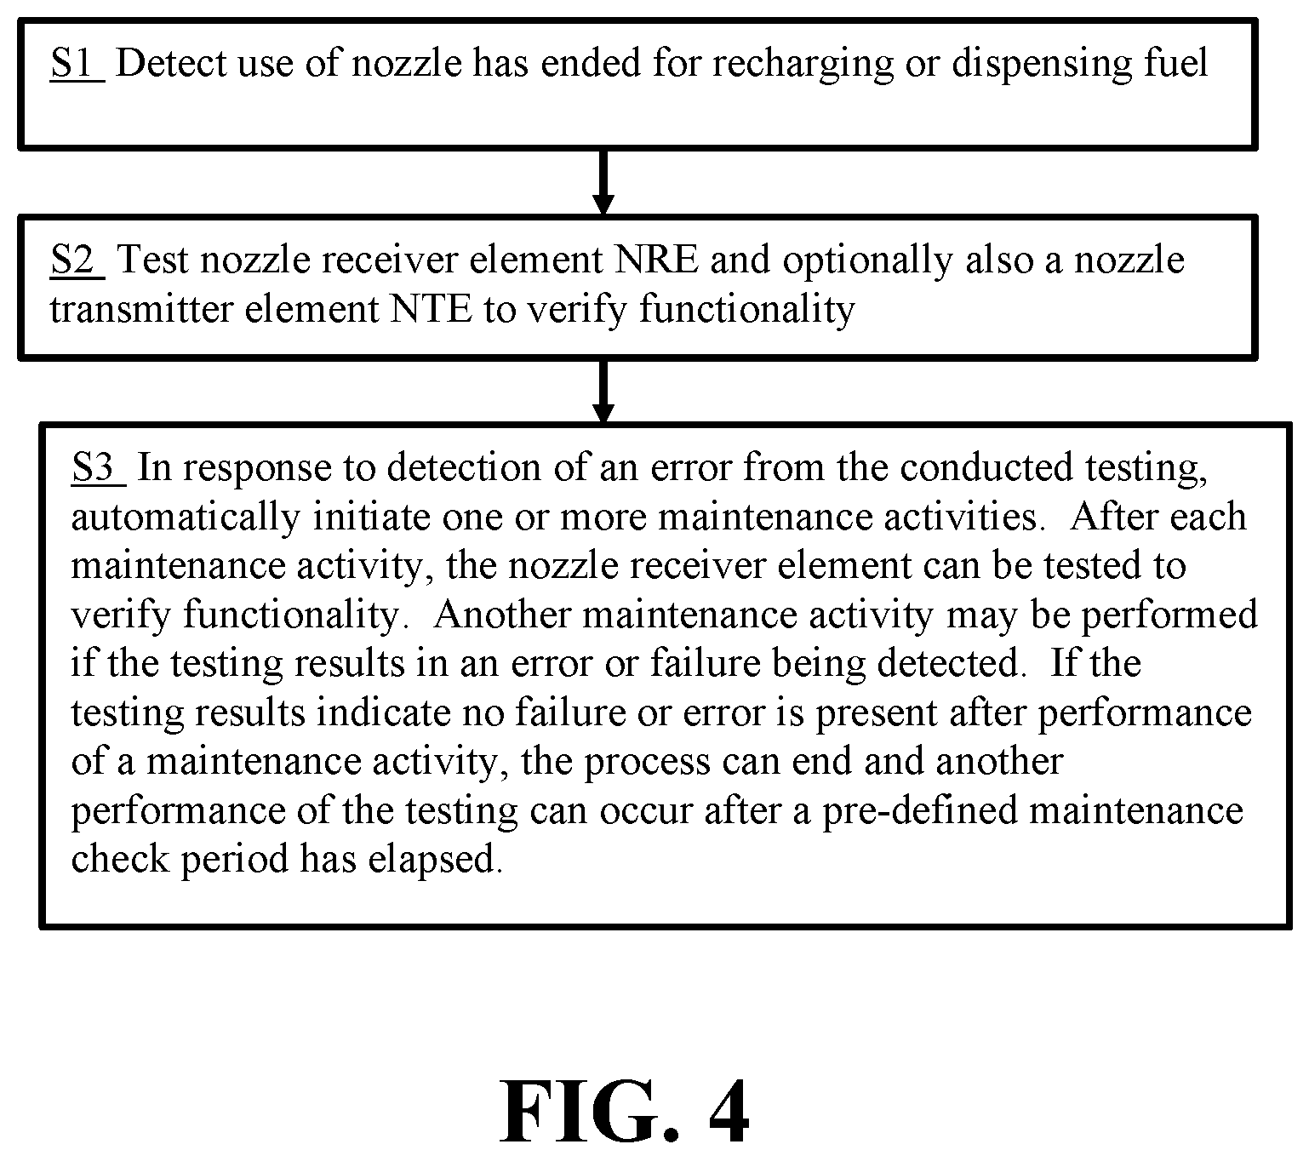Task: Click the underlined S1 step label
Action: tap(77, 63)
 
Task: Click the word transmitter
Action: tap(141, 309)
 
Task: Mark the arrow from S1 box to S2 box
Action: tap(603, 182)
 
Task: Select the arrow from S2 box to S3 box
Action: tap(603, 392)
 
